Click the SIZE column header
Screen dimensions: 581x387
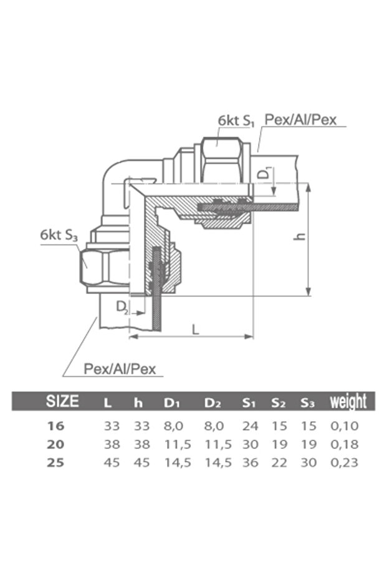[62, 401]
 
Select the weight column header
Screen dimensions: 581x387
[348, 401]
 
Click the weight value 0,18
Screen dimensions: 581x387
[345, 444]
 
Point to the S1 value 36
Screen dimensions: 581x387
[249, 462]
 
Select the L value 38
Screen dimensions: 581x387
[111, 444]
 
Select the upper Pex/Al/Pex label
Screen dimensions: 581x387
[304, 120]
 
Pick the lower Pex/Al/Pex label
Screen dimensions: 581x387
[123, 369]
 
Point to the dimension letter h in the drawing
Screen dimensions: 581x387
[300, 238]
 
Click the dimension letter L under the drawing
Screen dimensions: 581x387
[195, 329]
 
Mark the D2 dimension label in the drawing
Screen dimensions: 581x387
[123, 307]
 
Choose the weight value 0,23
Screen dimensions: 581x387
[345, 462]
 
